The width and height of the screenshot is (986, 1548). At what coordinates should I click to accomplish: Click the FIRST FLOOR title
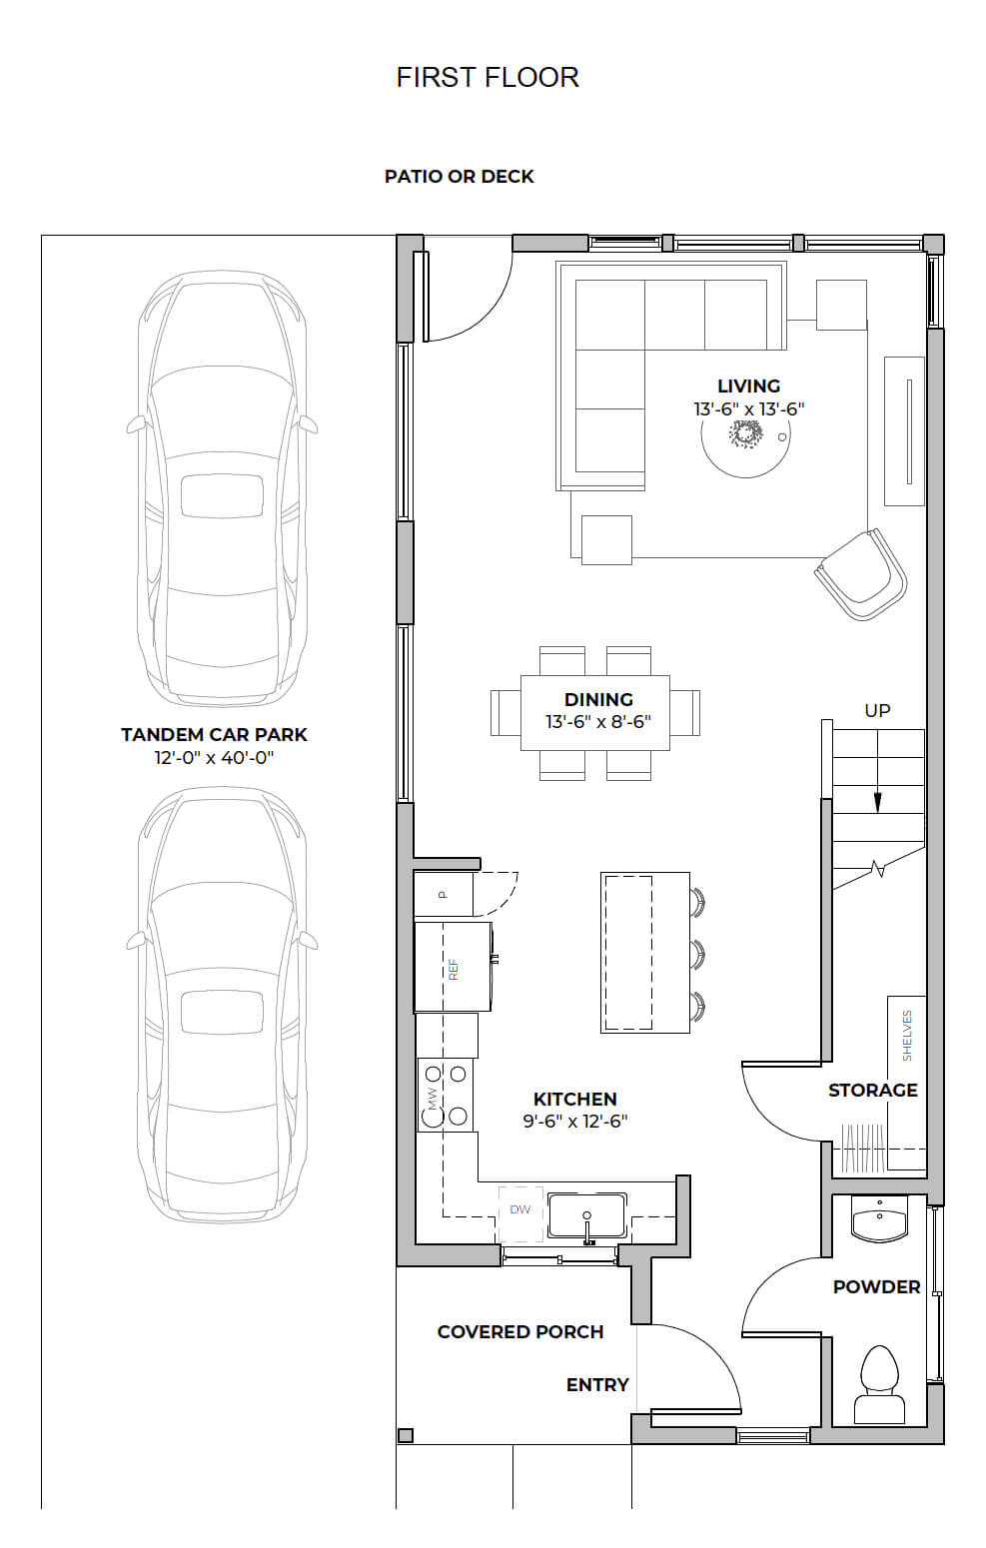point(488,78)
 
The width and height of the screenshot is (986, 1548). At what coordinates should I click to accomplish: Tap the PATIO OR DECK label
point(460,177)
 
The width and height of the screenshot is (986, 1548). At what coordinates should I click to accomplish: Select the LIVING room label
point(749,387)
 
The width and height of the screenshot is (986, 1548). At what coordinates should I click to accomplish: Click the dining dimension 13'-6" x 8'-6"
point(598,722)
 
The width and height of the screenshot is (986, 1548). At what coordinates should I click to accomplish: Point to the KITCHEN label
point(574,1099)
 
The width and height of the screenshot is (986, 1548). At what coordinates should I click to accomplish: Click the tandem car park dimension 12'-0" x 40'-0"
point(214,758)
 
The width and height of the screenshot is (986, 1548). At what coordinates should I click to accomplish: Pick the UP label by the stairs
point(877,710)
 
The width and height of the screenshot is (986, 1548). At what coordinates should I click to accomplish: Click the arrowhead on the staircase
point(877,802)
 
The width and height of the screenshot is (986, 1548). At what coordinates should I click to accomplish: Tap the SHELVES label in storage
point(907,1036)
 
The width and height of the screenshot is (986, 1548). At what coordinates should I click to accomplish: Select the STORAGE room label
point(872,1091)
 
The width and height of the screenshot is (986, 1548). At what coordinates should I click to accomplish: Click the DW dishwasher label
point(519,1209)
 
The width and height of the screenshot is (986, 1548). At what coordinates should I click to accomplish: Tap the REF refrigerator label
point(454,969)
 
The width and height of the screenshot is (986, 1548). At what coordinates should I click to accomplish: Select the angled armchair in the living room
point(861,574)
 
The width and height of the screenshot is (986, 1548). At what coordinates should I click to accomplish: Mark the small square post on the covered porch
point(406,1434)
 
